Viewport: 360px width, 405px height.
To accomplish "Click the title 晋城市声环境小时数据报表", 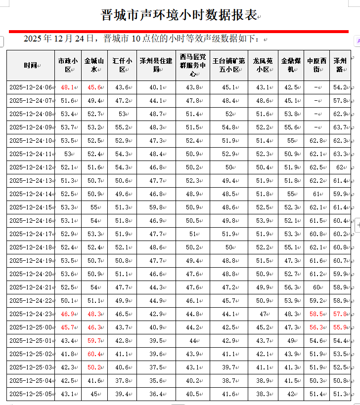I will click(x=179, y=15).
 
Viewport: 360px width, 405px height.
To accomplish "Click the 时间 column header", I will click(x=30, y=65).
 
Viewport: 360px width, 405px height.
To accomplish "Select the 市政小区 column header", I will click(x=68, y=65).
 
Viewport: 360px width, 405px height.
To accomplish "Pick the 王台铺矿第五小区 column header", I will click(x=228, y=65).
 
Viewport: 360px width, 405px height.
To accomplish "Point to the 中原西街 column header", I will click(x=316, y=65).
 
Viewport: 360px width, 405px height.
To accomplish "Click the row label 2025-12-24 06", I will click(x=30, y=87).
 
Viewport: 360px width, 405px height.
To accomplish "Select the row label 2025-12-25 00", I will click(x=30, y=327).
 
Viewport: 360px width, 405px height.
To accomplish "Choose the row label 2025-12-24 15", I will click(x=30, y=207).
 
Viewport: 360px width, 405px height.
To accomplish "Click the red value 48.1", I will click(x=67, y=87).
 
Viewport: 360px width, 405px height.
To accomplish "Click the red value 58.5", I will click(x=316, y=314).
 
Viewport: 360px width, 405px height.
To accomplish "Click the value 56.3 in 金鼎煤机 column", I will click(x=290, y=287).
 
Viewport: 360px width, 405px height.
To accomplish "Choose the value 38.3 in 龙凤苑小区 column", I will click(x=263, y=394).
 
